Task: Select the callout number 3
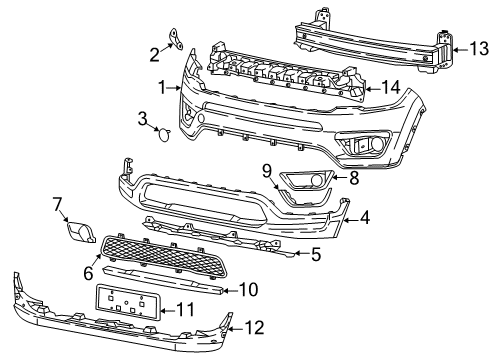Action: (143, 120)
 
